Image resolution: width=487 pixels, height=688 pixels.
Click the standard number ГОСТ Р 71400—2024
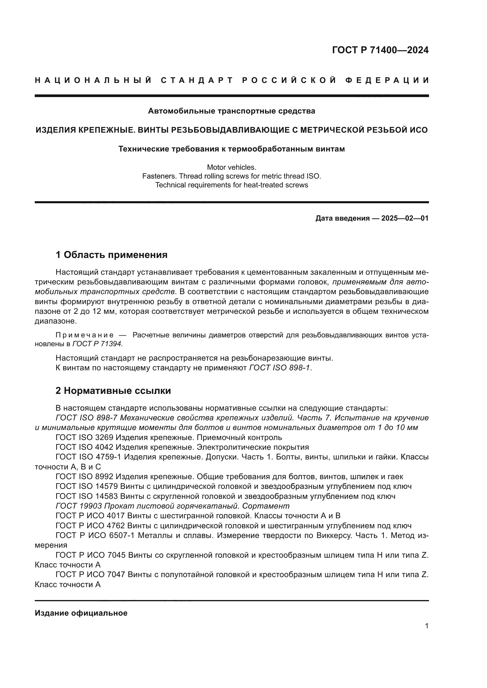(x=380, y=50)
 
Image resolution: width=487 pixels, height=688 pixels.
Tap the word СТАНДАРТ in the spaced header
(x=197, y=80)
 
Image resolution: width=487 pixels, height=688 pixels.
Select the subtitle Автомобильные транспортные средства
(x=231, y=111)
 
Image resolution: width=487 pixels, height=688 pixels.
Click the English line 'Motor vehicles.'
(x=231, y=167)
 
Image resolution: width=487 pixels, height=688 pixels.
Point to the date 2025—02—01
(x=405, y=218)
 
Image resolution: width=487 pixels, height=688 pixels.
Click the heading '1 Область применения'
(x=112, y=255)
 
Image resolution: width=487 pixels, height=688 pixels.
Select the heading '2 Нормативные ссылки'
(x=113, y=391)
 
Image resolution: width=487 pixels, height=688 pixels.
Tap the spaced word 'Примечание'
(x=85, y=335)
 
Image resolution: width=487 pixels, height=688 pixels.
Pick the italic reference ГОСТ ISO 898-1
(x=280, y=368)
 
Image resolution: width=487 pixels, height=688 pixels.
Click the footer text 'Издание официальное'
(x=81, y=613)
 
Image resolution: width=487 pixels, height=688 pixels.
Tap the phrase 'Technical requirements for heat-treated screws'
(x=231, y=185)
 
